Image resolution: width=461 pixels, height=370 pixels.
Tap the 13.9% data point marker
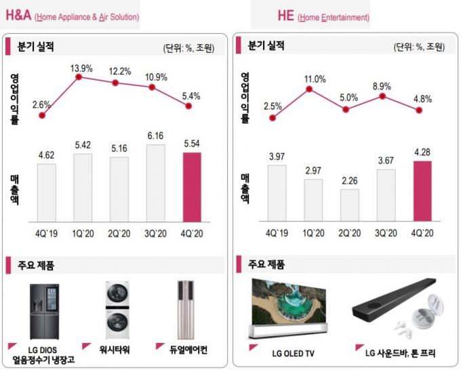pos(79,77)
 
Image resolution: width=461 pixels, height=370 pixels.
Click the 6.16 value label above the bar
pos(155,136)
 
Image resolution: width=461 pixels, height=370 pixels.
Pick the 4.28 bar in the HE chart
pos(421,191)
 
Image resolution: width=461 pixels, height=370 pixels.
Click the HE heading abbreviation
pos(285,16)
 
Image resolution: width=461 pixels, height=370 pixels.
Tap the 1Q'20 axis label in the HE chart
pos(313,233)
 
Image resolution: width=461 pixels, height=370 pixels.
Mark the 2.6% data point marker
pos(43,115)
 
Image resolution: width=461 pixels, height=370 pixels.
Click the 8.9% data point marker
pos(383,97)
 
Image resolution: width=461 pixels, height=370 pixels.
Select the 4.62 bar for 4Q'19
pos(47,192)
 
